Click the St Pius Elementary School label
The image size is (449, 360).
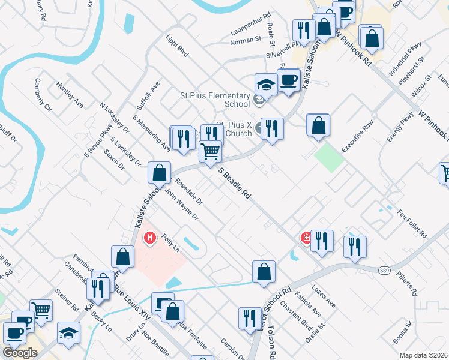coord(215,100)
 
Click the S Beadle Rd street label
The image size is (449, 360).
coord(234,184)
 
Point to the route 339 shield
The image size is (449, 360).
coord(385,271)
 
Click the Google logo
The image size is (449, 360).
coord(20,353)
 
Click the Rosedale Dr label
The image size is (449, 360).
coord(189,192)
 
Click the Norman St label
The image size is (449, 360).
coord(246,40)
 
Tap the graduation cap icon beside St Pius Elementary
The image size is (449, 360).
coord(265,85)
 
